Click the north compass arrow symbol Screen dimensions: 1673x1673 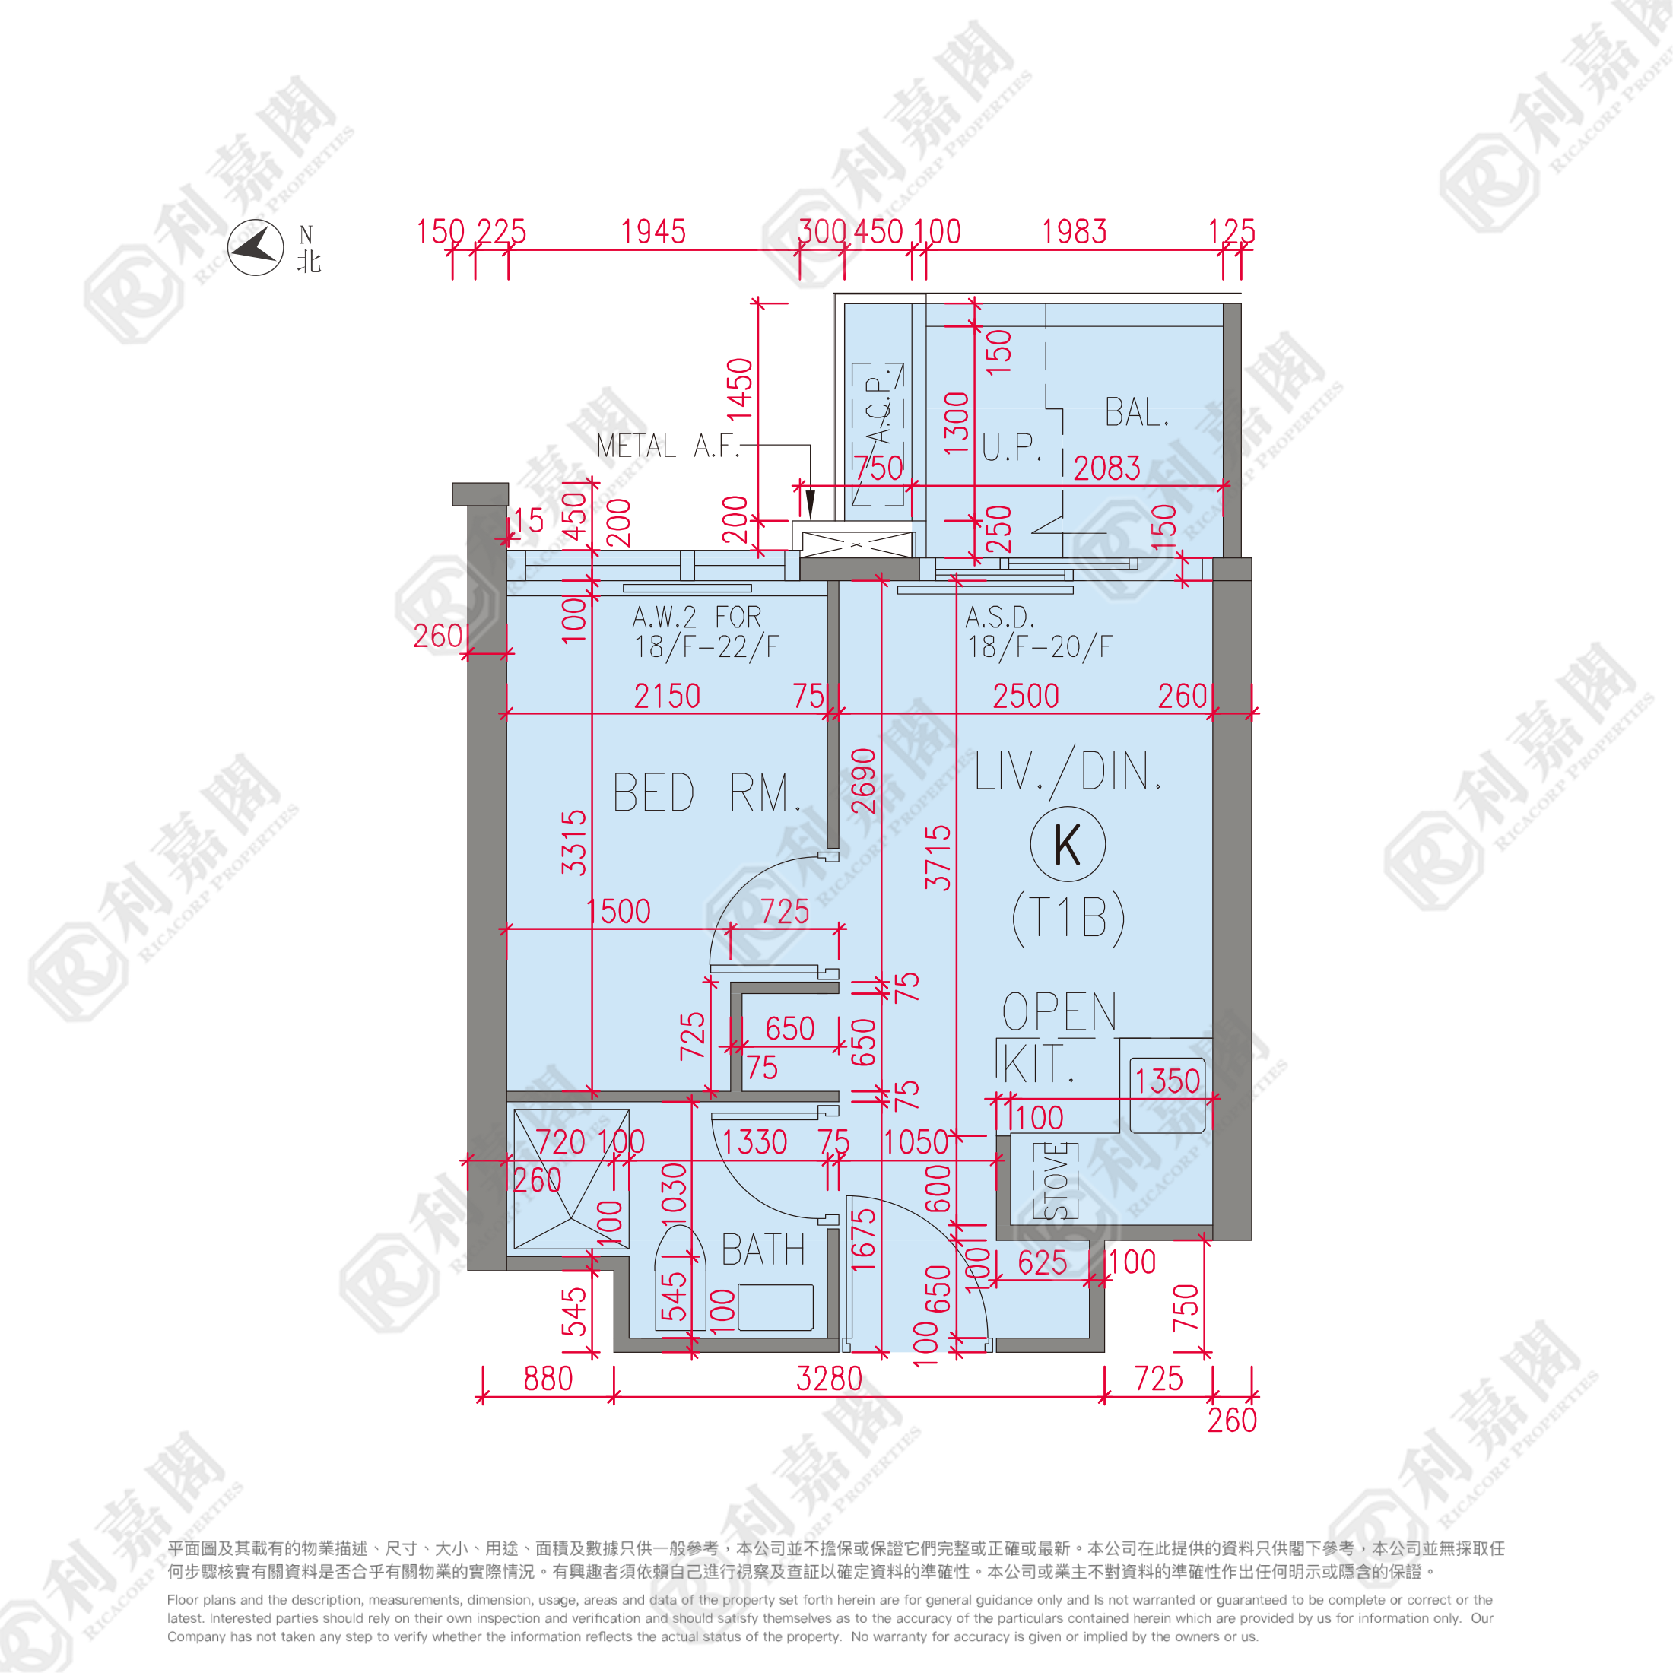point(256,248)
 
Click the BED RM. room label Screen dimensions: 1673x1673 point(706,793)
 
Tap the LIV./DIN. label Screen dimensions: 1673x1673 point(1067,772)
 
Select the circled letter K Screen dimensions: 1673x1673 point(1068,844)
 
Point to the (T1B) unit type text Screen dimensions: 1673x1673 point(1068,917)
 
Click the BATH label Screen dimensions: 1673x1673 point(763,1250)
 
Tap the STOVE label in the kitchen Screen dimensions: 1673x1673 point(1056,1180)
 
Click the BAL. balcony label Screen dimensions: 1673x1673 point(1137,413)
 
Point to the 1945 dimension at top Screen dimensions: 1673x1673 point(653,232)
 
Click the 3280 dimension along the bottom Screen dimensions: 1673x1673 point(829,1379)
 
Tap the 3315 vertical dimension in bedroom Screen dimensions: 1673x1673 point(574,843)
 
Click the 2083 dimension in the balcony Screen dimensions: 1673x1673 point(1106,468)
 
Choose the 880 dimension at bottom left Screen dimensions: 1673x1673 point(548,1379)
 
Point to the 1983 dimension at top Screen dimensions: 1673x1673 point(1074,232)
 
